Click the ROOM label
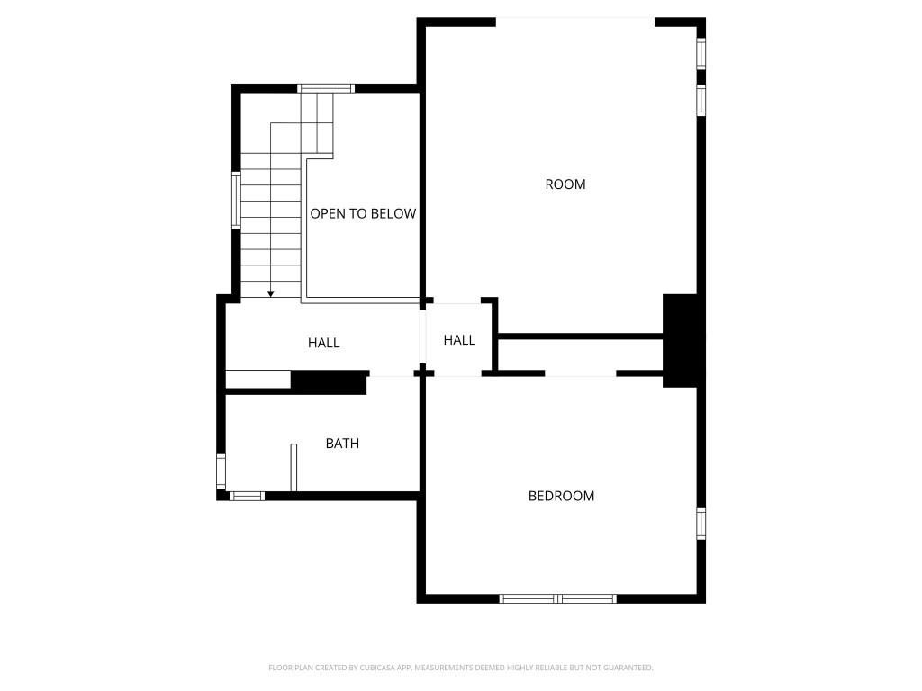(565, 184)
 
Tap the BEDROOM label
(561, 496)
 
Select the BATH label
(342, 444)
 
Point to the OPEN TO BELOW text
(363, 213)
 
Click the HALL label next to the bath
(323, 343)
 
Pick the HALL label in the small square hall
(459, 340)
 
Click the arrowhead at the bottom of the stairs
(270, 293)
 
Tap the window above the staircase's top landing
(325, 88)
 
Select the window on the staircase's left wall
(236, 201)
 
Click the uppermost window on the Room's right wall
(701, 53)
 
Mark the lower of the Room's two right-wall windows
(701, 100)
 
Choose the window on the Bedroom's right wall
(701, 523)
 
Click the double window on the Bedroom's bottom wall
(558, 597)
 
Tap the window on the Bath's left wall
(221, 471)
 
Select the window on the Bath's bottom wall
(247, 495)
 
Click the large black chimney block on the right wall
(680, 340)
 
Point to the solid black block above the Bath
(329, 382)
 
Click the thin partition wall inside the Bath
(294, 467)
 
